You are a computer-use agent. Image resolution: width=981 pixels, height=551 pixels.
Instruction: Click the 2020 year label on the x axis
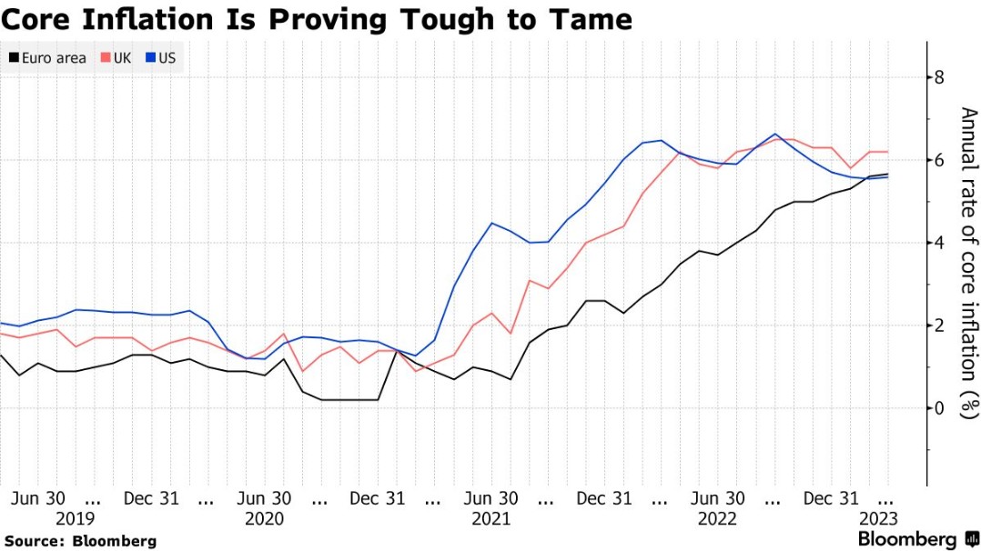[264, 519]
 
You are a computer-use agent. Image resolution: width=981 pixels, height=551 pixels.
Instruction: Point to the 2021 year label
[490, 519]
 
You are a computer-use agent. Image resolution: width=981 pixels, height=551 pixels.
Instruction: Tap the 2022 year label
[717, 519]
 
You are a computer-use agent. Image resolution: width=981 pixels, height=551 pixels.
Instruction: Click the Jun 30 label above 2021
[490, 499]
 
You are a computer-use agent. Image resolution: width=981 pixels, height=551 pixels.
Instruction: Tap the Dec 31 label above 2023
[831, 499]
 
